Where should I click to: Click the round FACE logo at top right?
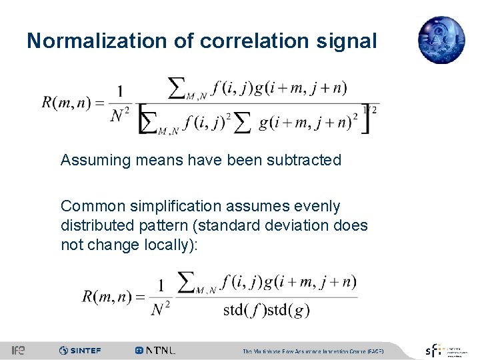441,39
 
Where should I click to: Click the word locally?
170,245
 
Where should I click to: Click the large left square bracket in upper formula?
143,119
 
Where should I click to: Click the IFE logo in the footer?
19,350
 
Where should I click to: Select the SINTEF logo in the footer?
80,350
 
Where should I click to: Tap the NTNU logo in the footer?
155,350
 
